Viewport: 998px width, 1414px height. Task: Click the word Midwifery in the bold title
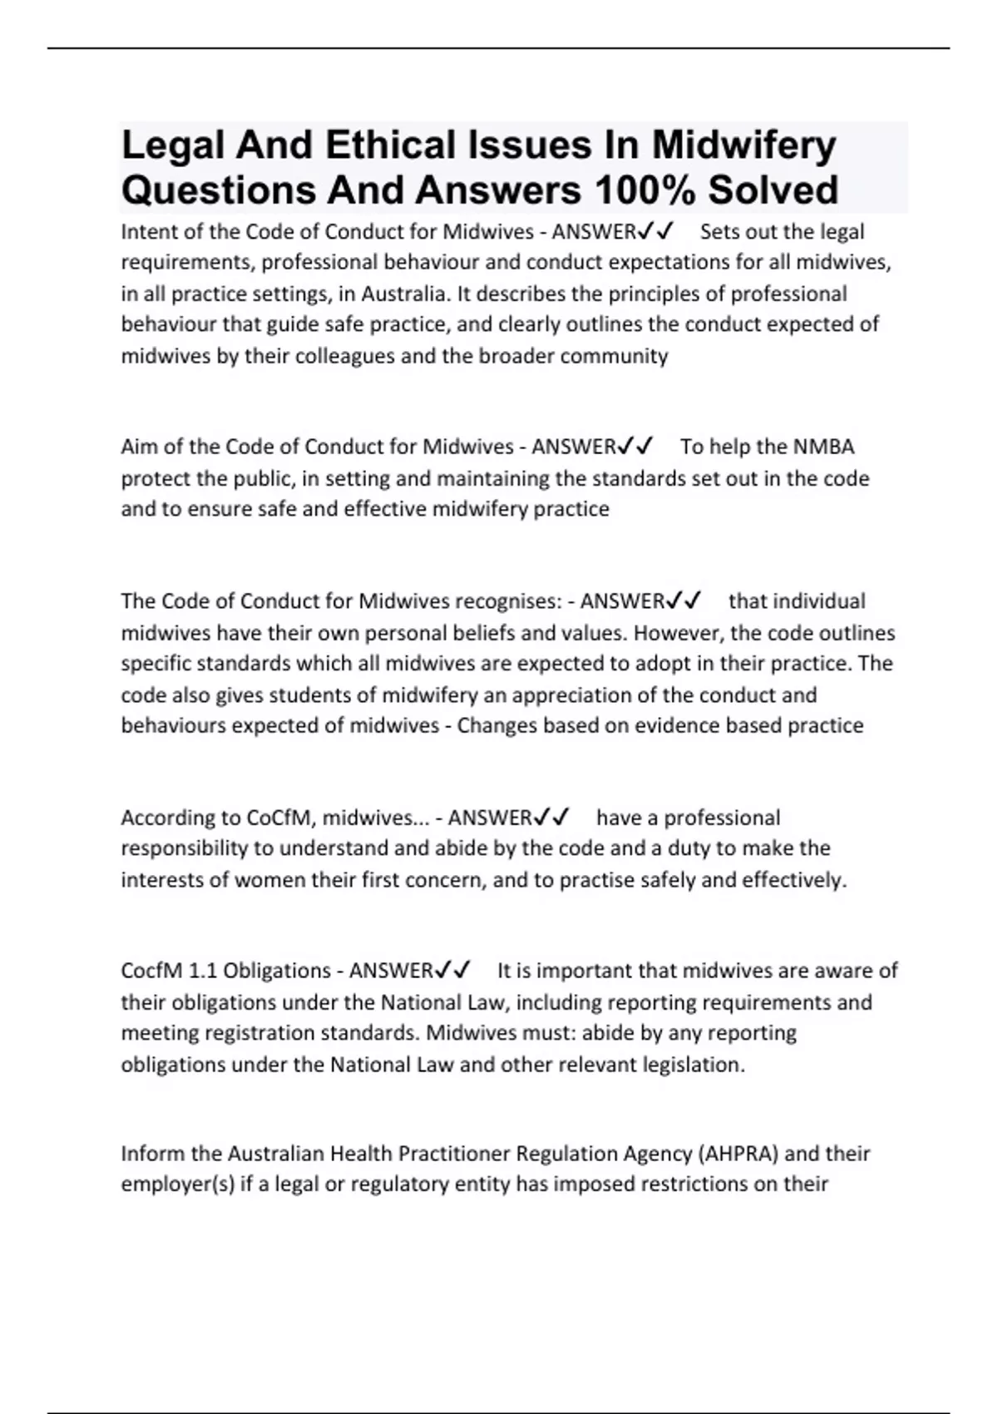[x=743, y=145]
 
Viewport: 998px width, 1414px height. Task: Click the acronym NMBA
[x=823, y=447]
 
